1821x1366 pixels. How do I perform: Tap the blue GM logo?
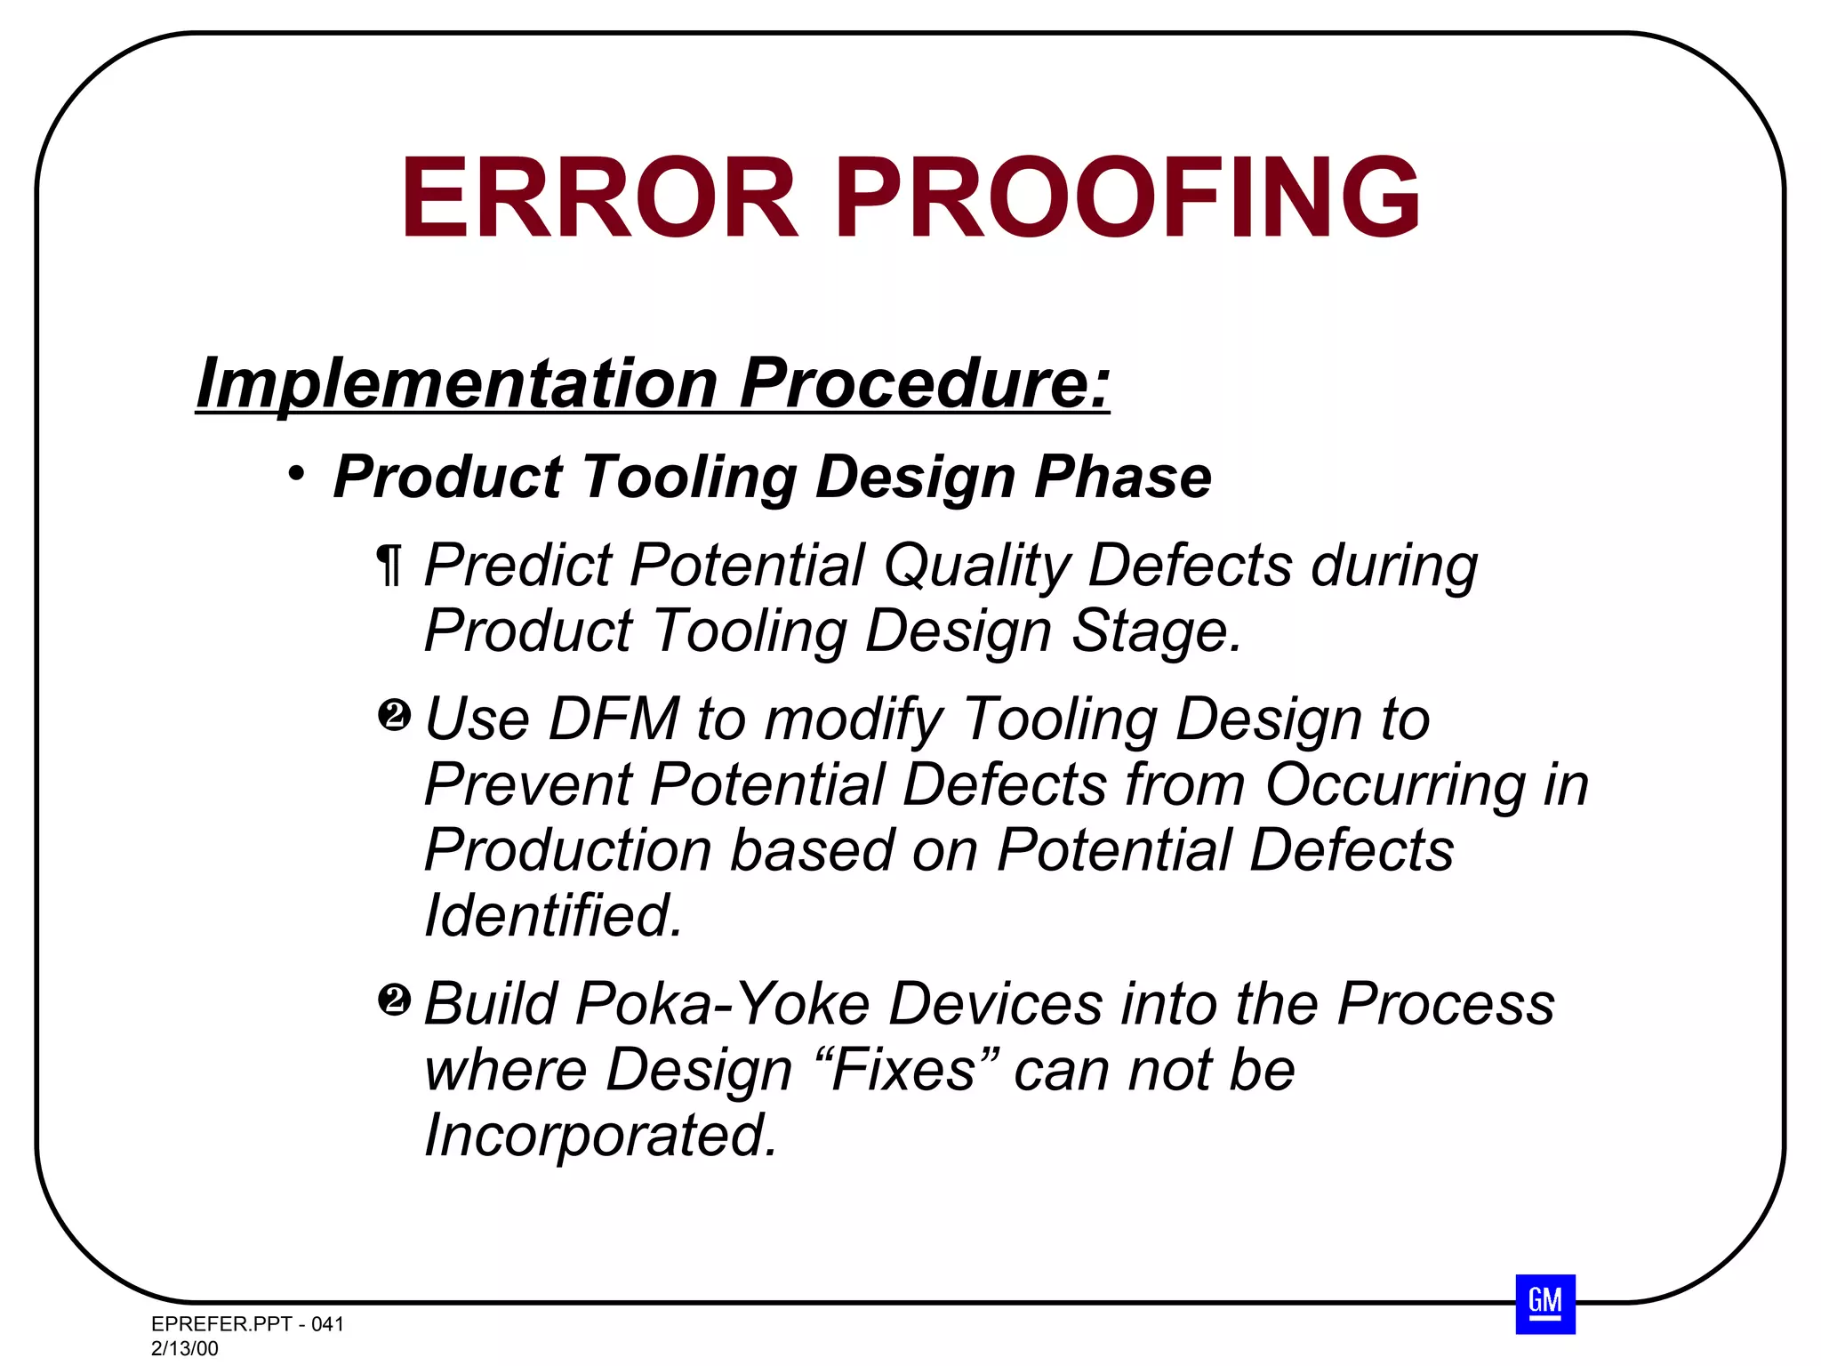[1545, 1304]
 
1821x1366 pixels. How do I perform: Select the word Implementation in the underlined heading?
[457, 384]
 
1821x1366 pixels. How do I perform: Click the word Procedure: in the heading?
[925, 384]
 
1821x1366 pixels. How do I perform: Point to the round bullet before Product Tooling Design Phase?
[297, 473]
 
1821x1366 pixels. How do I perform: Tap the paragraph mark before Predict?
[389, 566]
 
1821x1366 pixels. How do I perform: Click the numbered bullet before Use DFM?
[394, 715]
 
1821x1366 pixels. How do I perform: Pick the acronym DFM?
[614, 719]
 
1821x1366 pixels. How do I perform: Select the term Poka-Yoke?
[723, 1005]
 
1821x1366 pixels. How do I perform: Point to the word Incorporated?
[601, 1136]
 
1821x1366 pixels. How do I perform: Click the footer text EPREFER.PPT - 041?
[247, 1324]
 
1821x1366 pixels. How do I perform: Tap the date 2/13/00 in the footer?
[185, 1348]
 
